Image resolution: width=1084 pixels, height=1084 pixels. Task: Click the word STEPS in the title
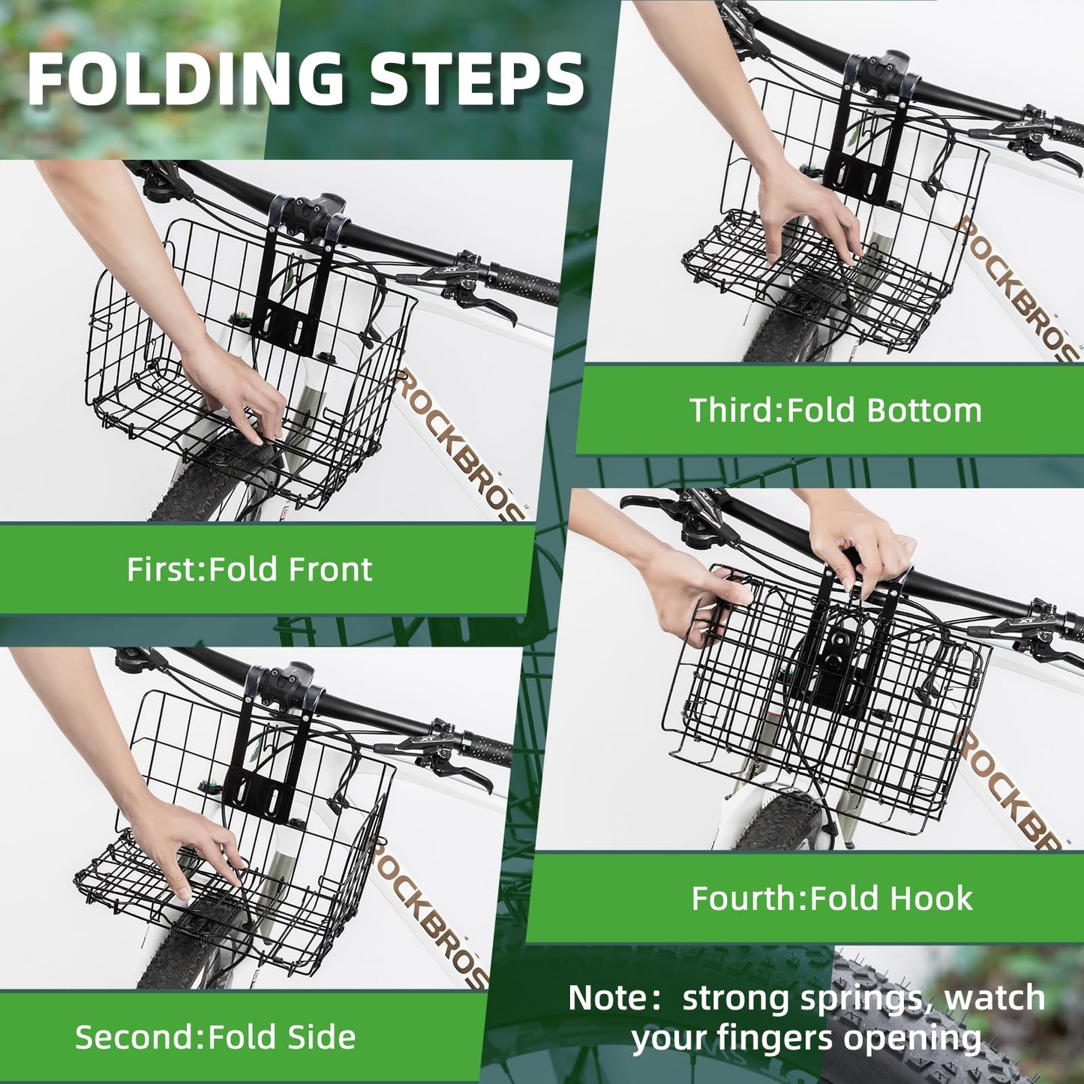coord(477,80)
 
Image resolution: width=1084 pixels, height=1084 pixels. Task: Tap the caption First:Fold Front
coord(249,569)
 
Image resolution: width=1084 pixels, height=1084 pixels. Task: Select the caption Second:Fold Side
coord(215,1037)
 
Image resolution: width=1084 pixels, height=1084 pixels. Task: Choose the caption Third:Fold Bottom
coord(835,410)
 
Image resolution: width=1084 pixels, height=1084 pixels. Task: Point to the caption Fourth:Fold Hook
coord(832,898)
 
